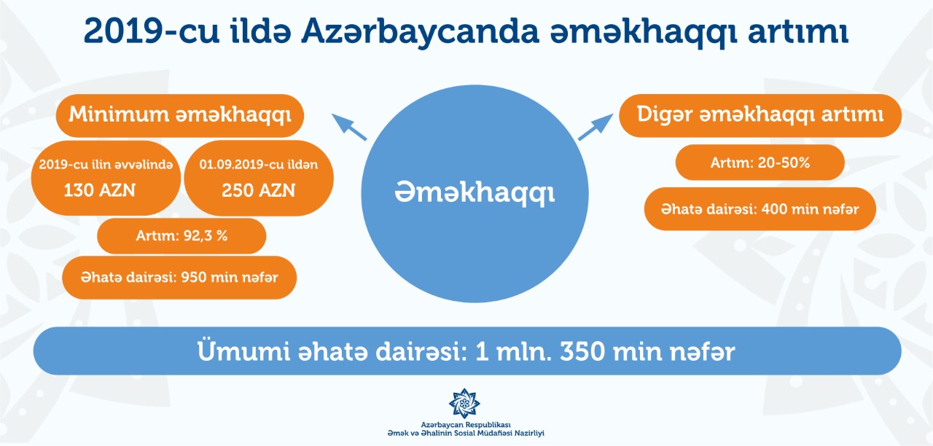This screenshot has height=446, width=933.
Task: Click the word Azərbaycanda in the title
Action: (x=420, y=31)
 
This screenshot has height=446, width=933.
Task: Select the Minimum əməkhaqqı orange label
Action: (x=180, y=115)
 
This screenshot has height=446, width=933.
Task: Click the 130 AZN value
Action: (x=100, y=190)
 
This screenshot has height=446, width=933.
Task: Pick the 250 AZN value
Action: (x=258, y=190)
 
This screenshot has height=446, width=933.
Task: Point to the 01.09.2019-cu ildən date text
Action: (x=258, y=165)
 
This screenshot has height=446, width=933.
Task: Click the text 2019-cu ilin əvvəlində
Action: (x=106, y=165)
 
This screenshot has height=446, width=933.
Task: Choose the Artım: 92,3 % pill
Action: (x=181, y=235)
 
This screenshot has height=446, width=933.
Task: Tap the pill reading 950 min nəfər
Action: (x=179, y=278)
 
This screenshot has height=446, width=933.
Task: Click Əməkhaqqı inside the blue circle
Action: (x=475, y=193)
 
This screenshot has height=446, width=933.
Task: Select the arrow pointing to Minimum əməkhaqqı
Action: (x=349, y=127)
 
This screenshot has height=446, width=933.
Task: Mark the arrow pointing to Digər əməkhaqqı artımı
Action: (x=596, y=127)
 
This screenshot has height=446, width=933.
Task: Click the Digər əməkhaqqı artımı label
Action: (x=760, y=115)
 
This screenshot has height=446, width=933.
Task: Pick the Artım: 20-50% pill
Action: (x=760, y=163)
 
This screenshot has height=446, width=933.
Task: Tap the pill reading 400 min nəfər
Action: (x=760, y=208)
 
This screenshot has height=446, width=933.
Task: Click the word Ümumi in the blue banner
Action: (x=243, y=351)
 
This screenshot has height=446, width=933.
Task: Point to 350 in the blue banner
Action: (x=582, y=351)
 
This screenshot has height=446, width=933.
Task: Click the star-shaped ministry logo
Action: (x=464, y=403)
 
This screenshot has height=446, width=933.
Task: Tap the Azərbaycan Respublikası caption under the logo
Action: (x=466, y=425)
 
